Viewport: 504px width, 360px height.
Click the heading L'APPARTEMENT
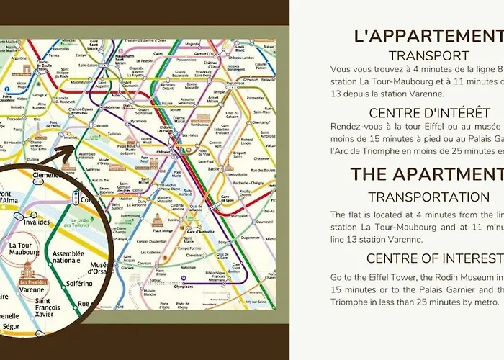[428, 35]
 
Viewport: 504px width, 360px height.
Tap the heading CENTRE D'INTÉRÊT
[430, 113]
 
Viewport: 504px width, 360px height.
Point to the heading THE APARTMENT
[426, 174]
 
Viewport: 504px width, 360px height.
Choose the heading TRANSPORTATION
[428, 197]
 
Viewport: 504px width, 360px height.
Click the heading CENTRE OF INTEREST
[435, 258]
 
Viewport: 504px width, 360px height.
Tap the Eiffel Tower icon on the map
[37, 133]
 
